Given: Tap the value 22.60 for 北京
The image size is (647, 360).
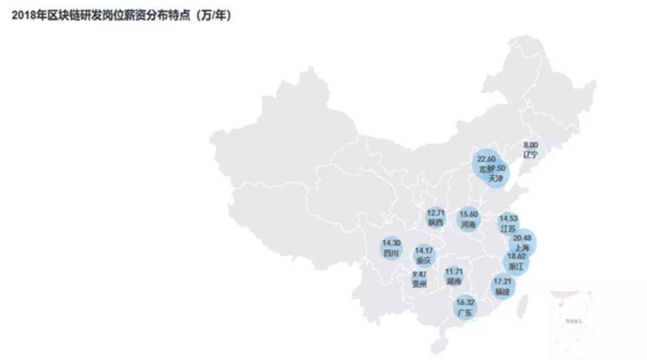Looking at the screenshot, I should coord(486,159).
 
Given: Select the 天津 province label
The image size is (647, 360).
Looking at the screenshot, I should coord(497,178).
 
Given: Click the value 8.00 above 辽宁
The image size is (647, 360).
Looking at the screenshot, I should coord(530,145).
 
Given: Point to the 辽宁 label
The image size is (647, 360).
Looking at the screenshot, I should coord(530,154).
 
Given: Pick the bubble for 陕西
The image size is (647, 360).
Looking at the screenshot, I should coord(436,217).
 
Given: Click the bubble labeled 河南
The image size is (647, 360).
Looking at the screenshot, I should coord(469,218).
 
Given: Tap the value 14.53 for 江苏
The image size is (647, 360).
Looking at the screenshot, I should coord(508,219).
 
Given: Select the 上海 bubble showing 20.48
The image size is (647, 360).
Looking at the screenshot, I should coord(522,242).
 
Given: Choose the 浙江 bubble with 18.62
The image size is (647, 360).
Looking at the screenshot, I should coord(514,262).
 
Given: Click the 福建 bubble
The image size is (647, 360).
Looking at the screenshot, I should coord(503,286).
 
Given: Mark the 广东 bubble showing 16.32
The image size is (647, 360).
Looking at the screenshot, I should coord(466,306).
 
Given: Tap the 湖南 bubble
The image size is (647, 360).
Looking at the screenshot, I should coord(453,276).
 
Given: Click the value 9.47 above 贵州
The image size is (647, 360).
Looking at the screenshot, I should coord(419,275).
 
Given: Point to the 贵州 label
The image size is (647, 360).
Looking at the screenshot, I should coord(419,285).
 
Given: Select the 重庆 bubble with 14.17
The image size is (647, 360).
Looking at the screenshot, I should coord(423,255).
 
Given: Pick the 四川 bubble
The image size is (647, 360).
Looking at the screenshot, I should coord(391,247).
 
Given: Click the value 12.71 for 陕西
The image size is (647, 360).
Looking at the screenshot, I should coord(436,213).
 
